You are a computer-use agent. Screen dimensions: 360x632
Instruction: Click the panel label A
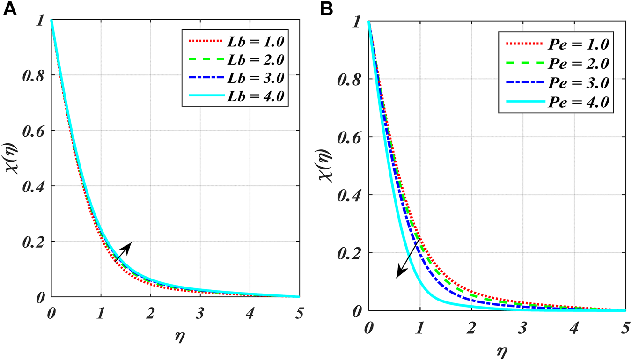click(10, 10)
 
